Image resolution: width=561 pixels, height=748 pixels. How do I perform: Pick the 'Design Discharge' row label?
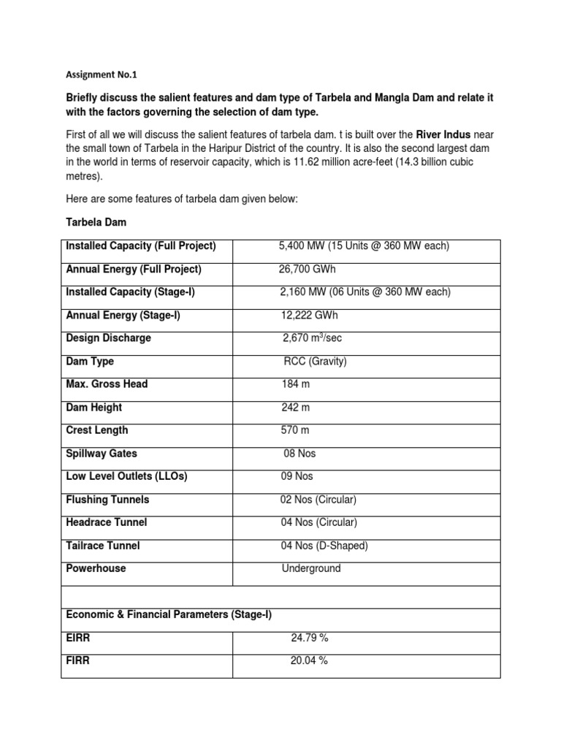109,338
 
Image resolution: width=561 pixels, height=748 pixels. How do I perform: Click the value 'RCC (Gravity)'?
316,362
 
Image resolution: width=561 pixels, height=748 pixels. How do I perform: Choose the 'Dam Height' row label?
94,408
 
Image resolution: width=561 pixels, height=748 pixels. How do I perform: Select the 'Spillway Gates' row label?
102,454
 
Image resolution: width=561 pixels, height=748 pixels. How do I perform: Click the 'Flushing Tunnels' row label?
107,500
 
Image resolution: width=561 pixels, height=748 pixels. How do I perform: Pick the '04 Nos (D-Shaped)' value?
324,546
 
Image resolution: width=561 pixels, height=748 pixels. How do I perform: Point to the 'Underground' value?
311,568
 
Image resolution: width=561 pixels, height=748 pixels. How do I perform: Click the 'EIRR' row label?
79,638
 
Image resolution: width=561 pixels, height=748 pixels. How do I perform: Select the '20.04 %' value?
310,661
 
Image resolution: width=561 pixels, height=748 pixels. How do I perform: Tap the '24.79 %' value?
310,638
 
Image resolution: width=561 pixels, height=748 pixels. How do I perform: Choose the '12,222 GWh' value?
310,316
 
